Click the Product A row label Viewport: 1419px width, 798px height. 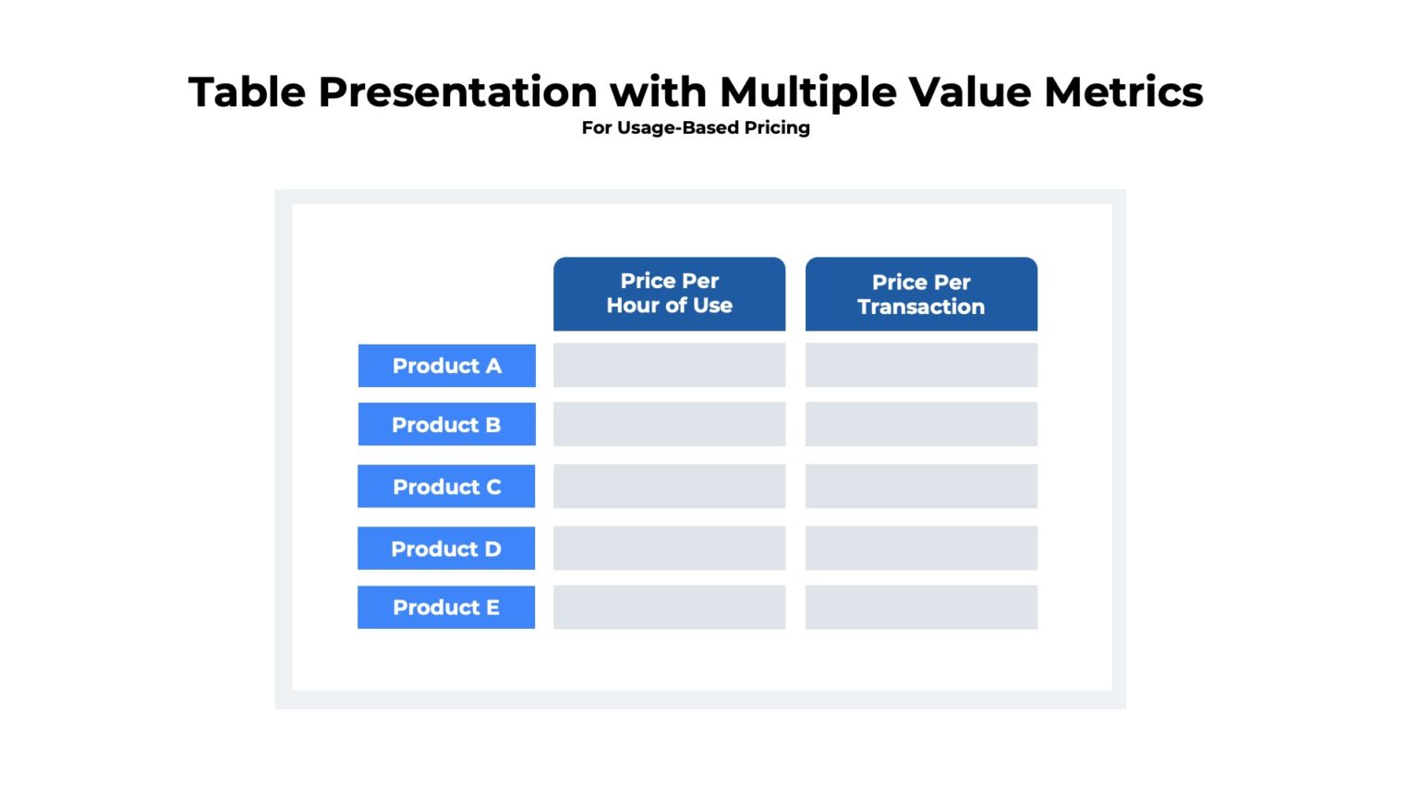coord(446,366)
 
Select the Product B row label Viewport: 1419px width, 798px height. coord(446,424)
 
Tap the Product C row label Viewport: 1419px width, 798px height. coord(446,486)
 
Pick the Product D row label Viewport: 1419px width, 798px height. coord(446,548)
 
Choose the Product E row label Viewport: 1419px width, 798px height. coord(446,607)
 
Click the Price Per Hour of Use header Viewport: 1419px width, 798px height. coord(669,294)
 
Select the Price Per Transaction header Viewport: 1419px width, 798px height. coord(921,294)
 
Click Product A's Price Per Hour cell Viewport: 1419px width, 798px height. coord(669,365)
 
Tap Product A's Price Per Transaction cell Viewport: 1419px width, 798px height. coord(921,365)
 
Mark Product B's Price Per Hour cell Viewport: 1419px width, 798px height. coord(669,424)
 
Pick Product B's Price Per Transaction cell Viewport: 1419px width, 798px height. coord(921,424)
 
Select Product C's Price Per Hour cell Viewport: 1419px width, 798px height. coord(669,486)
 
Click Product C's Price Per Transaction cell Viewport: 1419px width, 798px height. coord(921,486)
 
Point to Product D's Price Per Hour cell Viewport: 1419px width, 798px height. coord(669,548)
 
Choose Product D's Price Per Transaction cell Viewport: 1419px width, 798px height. coord(921,548)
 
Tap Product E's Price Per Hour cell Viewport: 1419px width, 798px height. coord(669,607)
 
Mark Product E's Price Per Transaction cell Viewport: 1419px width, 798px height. coord(921,607)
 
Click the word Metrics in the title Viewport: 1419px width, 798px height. coord(1123,92)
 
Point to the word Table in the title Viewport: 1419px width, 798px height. coord(247,92)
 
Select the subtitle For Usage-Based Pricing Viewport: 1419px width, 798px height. coord(696,127)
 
